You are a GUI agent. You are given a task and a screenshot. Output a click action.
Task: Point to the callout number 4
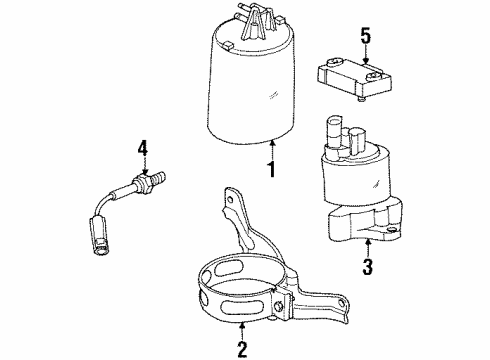point(144,150)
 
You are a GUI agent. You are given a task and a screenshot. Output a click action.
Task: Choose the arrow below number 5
point(367,57)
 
